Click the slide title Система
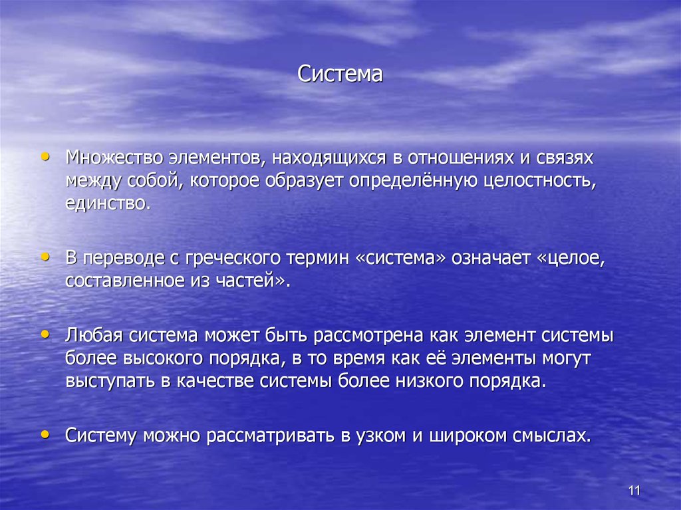[340, 74]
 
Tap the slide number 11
[633, 491]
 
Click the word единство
[108, 202]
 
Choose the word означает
[489, 258]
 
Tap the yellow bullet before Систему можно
[45, 434]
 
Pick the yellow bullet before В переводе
[45, 256]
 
